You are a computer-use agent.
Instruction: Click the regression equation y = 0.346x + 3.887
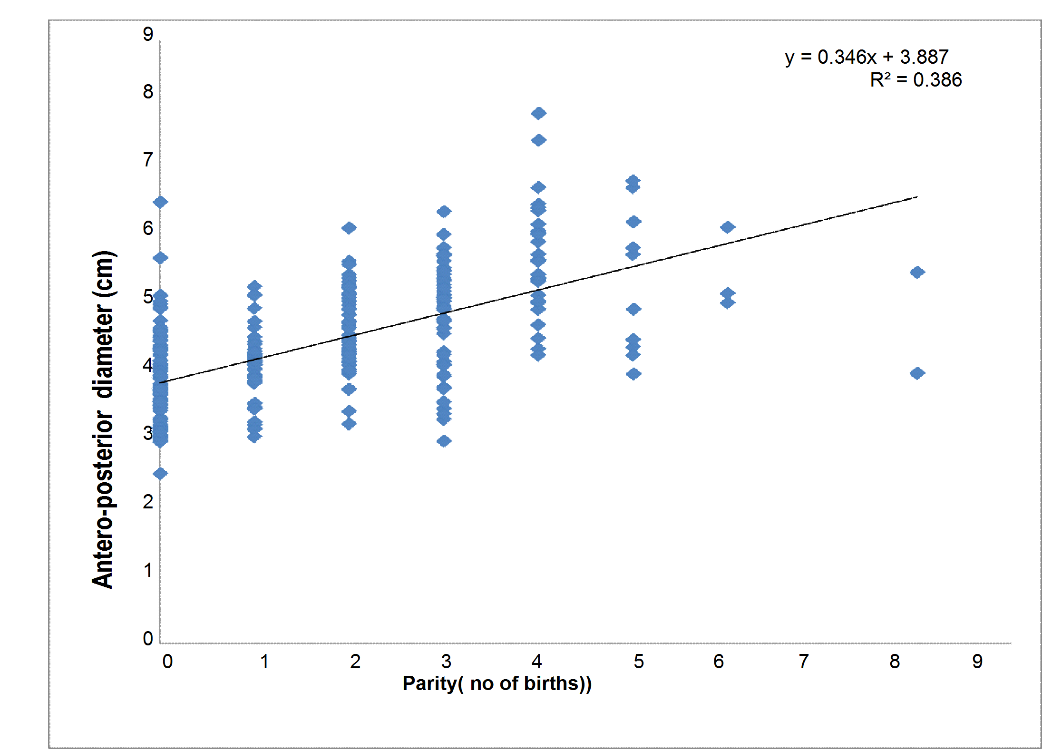[867, 57]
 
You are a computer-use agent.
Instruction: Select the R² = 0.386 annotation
[915, 80]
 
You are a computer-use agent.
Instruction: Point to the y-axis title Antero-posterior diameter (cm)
[103, 419]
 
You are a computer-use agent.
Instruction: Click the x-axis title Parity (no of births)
[497, 683]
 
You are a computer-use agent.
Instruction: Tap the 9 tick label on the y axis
[148, 34]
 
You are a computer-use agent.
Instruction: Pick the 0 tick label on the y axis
[148, 638]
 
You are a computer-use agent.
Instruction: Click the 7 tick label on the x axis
[803, 662]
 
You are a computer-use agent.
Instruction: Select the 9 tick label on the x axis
[977, 662]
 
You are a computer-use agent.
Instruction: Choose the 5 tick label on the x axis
[638, 662]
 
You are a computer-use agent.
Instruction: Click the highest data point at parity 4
[538, 113]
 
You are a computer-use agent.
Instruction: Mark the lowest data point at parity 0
[160, 474]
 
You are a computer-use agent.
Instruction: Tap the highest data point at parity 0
[160, 202]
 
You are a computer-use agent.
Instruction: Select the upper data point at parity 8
[917, 273]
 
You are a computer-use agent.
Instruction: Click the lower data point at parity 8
[917, 373]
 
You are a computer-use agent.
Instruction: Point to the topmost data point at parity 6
[727, 227]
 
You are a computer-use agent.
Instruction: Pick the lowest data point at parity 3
[444, 441]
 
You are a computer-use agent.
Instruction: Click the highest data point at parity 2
[349, 228]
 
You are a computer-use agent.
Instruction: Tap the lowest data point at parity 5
[633, 374]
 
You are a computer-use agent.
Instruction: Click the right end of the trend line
[916, 197]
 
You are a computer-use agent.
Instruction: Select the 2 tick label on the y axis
[148, 502]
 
